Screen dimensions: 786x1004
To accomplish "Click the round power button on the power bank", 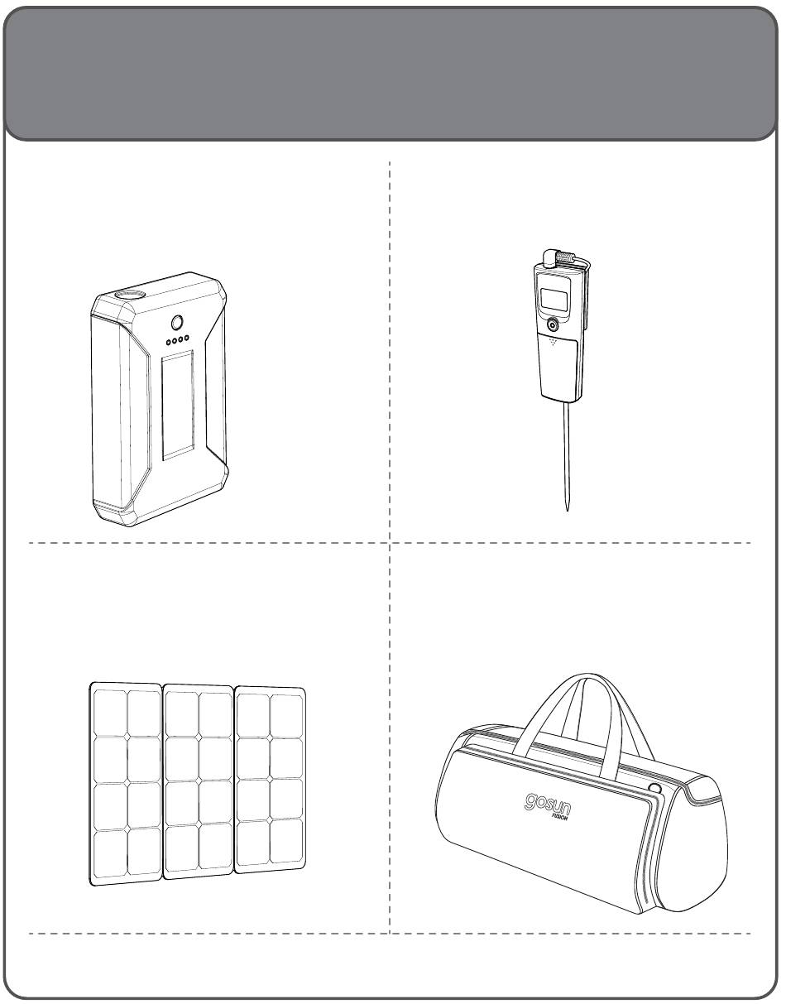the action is pyautogui.click(x=177, y=323).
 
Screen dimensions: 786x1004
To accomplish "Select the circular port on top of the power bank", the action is pyautogui.click(x=130, y=293).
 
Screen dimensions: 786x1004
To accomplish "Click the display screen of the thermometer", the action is pyautogui.click(x=554, y=300).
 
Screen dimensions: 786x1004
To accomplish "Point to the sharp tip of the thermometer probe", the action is pyautogui.click(x=567, y=510).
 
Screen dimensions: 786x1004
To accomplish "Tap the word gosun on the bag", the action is pyautogui.click(x=547, y=804).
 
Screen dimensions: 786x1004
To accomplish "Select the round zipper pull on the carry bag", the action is pyautogui.click(x=654, y=786).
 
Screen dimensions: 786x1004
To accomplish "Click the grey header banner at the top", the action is pyautogui.click(x=391, y=73).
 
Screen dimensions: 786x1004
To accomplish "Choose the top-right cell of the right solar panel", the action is pyautogui.click(x=286, y=716).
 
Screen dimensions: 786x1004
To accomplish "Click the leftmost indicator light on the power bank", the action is pyautogui.click(x=169, y=343).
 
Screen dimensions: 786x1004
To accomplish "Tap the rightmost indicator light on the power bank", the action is pyautogui.click(x=186, y=339).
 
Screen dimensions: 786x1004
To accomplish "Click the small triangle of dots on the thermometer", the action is pyautogui.click(x=554, y=343).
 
